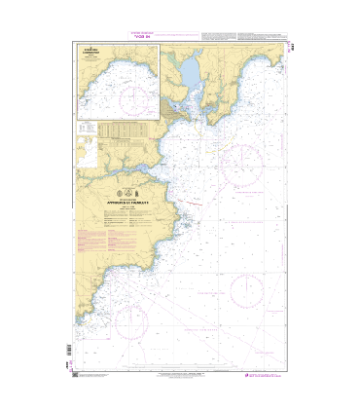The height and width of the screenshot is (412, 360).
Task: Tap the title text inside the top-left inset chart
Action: point(94,61)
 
